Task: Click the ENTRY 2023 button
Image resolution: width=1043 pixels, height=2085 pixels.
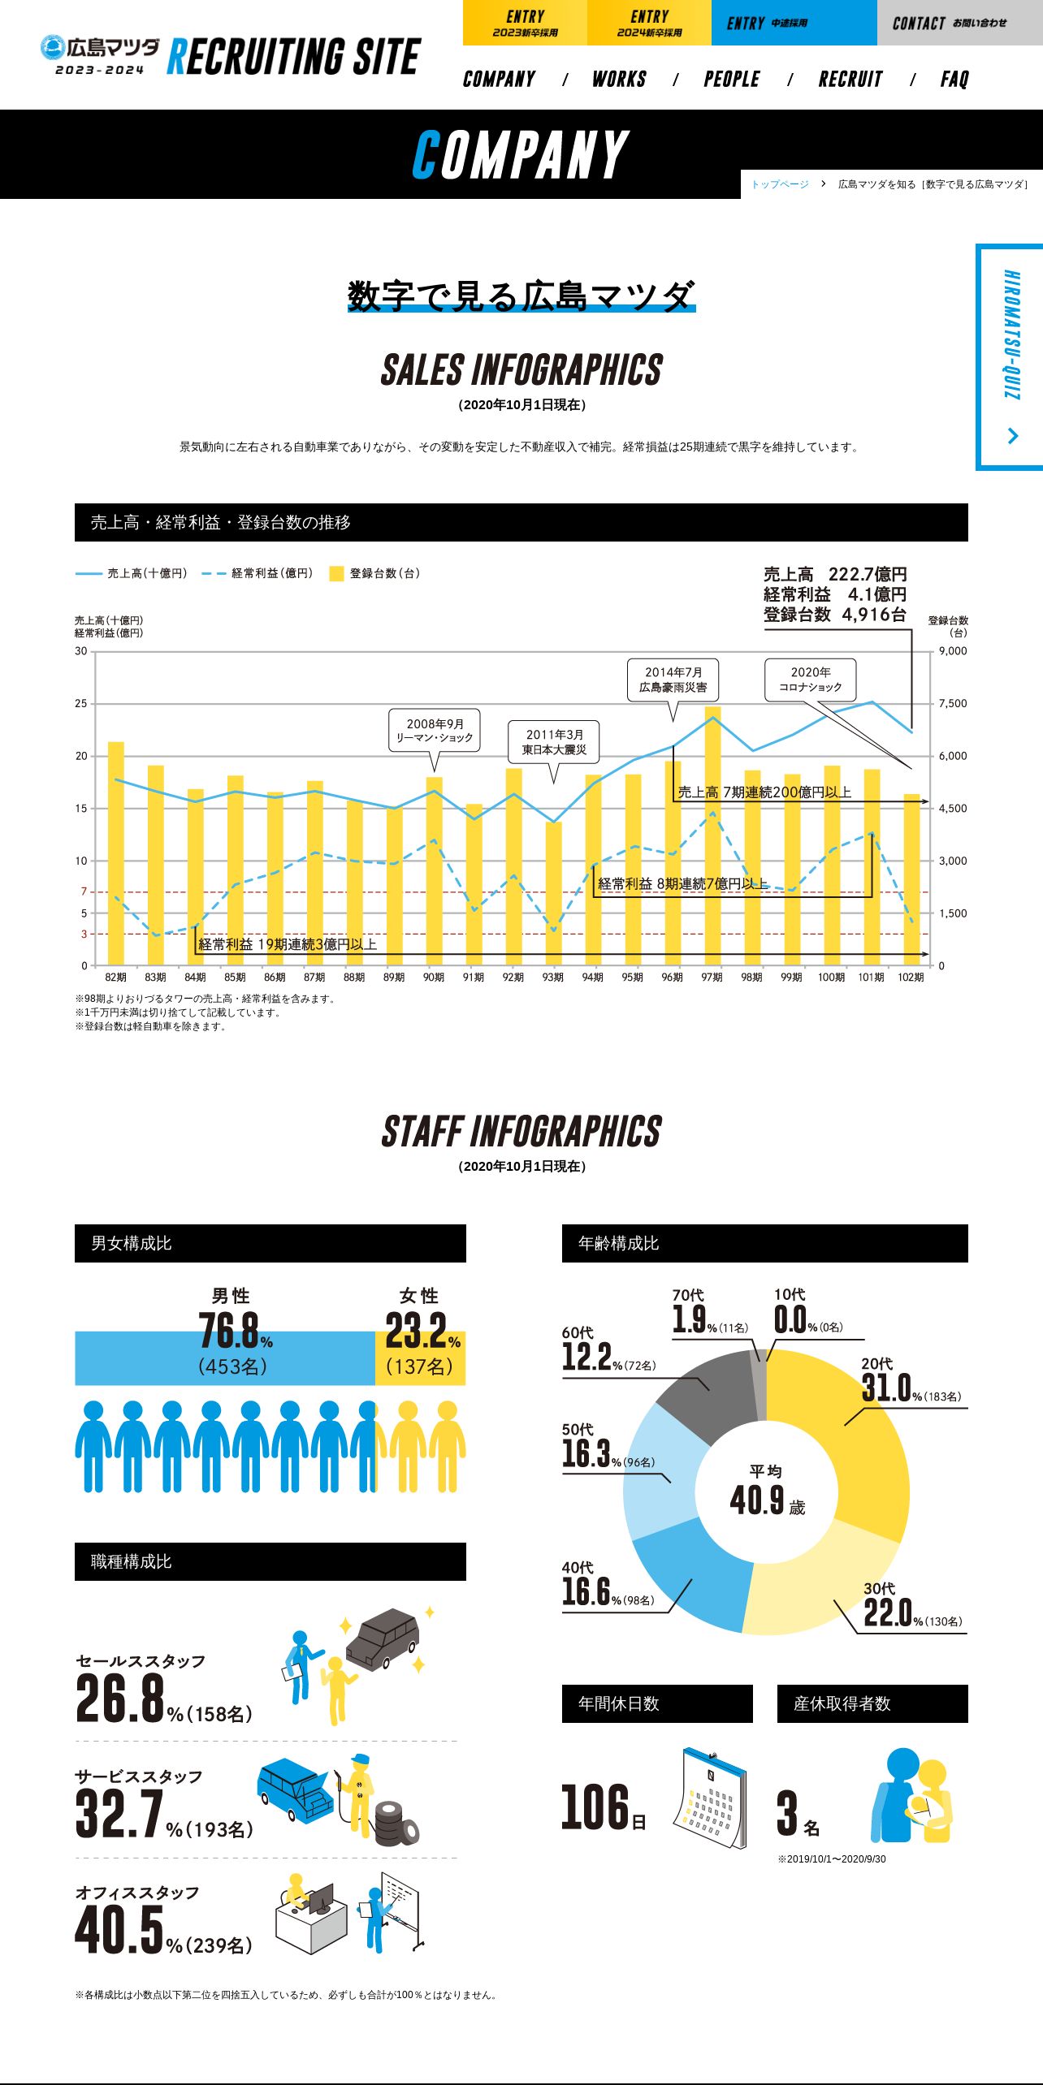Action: click(525, 23)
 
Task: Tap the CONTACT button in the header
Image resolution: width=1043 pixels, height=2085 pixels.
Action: click(959, 23)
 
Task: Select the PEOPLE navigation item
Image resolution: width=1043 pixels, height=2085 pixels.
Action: click(732, 79)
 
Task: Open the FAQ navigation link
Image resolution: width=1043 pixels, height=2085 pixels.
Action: click(954, 79)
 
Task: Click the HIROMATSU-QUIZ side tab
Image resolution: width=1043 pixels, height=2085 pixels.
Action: click(1010, 356)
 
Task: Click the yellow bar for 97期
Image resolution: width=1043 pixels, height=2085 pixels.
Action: click(712, 836)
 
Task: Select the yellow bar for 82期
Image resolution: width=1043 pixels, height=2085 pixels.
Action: click(116, 853)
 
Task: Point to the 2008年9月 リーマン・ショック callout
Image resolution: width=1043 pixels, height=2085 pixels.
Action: click(435, 731)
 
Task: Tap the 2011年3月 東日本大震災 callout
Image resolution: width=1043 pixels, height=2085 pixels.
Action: click(554, 742)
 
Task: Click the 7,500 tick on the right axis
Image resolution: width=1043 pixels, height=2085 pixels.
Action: click(952, 703)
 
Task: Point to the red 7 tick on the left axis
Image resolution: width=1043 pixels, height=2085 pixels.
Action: click(84, 891)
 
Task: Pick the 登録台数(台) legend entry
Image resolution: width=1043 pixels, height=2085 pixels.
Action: click(375, 573)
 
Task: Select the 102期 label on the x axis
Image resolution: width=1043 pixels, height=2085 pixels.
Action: click(911, 978)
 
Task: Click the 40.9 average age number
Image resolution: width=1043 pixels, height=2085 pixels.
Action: click(757, 1500)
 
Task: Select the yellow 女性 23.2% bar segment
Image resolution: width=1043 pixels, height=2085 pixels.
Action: click(420, 1358)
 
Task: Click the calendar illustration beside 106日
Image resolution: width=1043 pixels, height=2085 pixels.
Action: click(711, 1798)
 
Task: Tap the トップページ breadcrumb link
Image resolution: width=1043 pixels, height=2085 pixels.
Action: click(780, 184)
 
